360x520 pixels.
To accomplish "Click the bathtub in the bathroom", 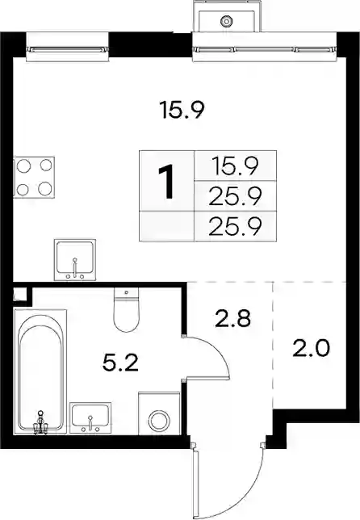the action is (40, 371).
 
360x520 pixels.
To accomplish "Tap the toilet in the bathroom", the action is (126, 309).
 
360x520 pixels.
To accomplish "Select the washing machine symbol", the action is (159, 413).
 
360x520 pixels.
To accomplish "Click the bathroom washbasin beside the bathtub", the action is (90, 418).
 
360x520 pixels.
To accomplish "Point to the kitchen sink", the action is (75, 260).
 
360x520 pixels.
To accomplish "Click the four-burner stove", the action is (34, 178).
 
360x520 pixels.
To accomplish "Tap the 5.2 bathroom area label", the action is (120, 363).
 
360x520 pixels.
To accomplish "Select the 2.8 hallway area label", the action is (232, 318).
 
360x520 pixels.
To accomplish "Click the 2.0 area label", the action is (311, 349).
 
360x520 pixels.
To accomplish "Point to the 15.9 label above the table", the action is (182, 110).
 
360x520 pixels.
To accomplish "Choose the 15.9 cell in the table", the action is (235, 166).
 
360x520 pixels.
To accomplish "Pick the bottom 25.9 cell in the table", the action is (235, 226).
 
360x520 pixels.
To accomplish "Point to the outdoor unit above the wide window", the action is (226, 17).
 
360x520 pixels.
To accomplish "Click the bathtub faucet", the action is (40, 423).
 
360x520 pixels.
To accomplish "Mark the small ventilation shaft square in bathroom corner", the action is (20, 294).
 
